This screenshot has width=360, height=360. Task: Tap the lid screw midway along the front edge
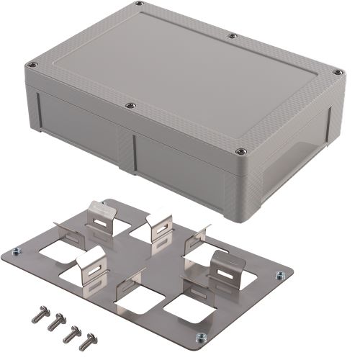[x=130, y=106]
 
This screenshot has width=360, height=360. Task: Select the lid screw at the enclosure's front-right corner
[x=242, y=152]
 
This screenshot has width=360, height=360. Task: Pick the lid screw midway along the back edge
[x=232, y=35]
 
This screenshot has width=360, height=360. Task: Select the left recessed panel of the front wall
[x=79, y=126]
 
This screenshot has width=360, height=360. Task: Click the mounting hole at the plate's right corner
[x=276, y=274]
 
